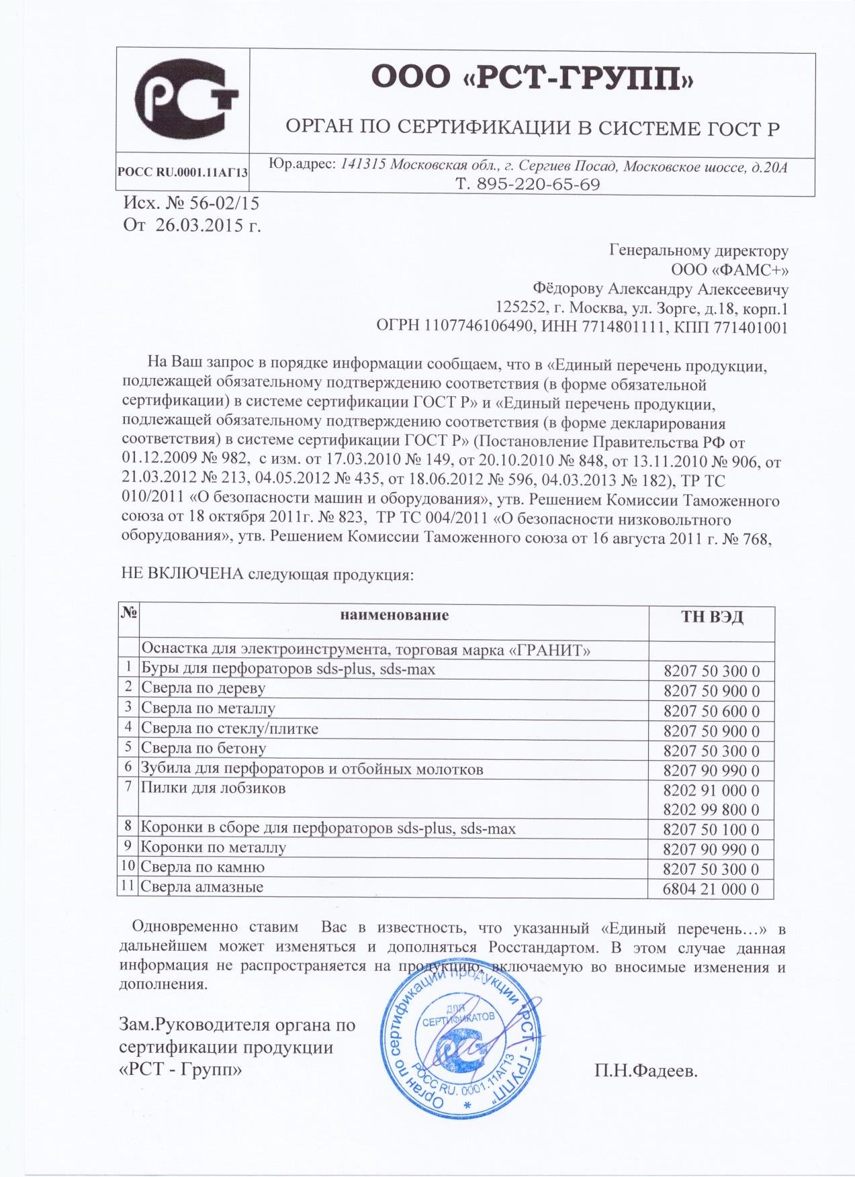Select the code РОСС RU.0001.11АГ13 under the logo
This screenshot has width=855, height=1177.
click(x=183, y=172)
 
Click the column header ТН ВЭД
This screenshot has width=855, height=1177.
click(x=712, y=617)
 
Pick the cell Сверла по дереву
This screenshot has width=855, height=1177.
click(x=203, y=688)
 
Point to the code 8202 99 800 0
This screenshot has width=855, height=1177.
click(x=711, y=810)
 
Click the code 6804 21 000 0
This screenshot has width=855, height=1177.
click(x=711, y=889)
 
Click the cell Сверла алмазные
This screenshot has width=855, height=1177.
click(x=201, y=887)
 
